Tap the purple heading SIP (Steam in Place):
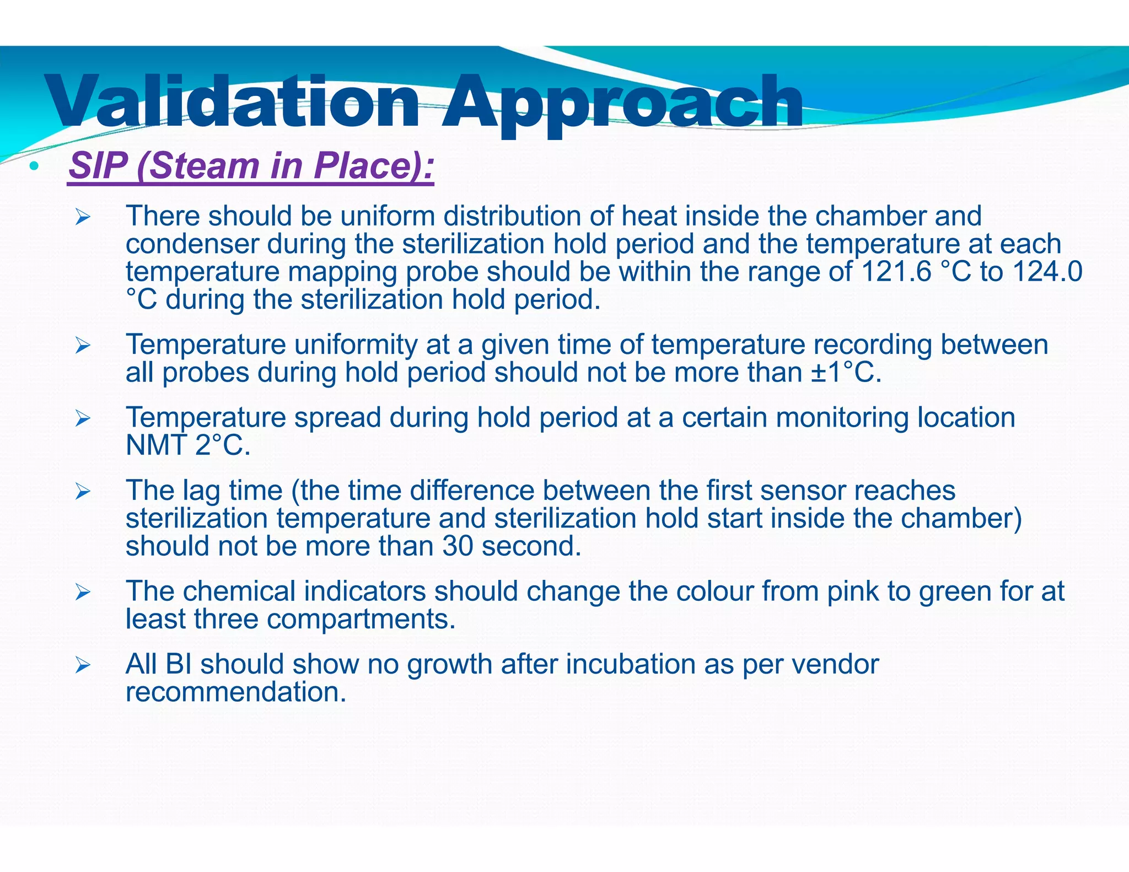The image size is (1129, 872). (251, 165)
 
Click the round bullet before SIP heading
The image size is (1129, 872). (34, 165)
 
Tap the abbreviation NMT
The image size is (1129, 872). (155, 445)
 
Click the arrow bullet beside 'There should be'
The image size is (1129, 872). (83, 217)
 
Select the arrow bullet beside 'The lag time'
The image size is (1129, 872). (83, 491)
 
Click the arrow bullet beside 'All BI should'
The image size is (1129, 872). (83, 665)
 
